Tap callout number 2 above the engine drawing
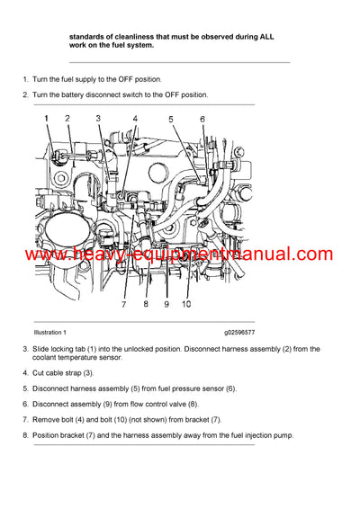(x=67, y=118)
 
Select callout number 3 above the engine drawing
(x=99, y=118)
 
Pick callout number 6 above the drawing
(x=202, y=119)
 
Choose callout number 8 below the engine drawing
(x=145, y=304)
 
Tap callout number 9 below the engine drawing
(x=166, y=304)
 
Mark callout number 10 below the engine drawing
(x=186, y=304)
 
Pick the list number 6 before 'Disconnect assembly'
(x=24, y=404)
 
